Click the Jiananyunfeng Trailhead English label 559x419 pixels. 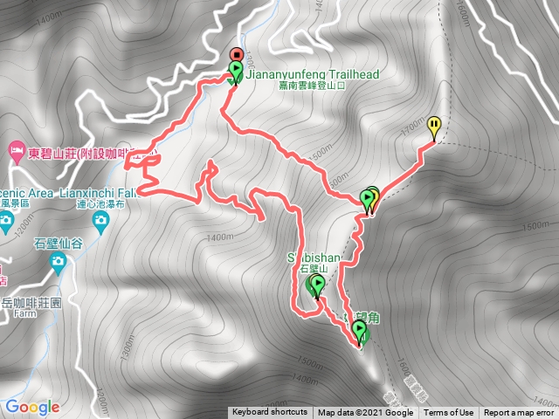click(312, 75)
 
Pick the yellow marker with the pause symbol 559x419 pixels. click(434, 125)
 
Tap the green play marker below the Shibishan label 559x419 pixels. click(315, 285)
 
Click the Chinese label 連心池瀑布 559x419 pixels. click(96, 203)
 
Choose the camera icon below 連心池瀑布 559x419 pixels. click(100, 220)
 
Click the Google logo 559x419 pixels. click(32, 407)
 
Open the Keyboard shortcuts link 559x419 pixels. click(270, 413)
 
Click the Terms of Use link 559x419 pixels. click(449, 413)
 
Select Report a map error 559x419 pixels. click(520, 413)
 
